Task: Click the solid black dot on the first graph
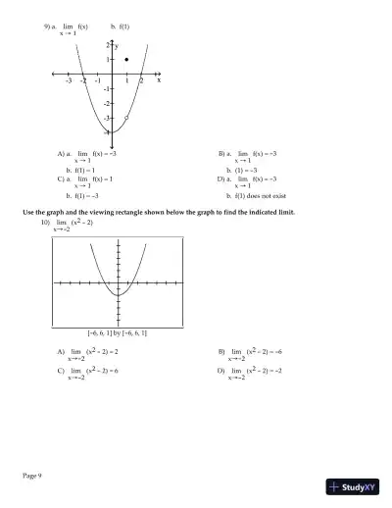click(127, 60)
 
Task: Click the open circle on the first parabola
click(127, 117)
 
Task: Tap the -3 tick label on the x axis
click(69, 81)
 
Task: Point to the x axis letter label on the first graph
click(159, 80)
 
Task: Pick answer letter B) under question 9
click(221, 154)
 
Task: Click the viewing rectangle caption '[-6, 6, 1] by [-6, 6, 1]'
click(118, 333)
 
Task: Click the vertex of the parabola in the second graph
click(118, 292)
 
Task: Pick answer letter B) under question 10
click(221, 350)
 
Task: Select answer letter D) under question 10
click(221, 372)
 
